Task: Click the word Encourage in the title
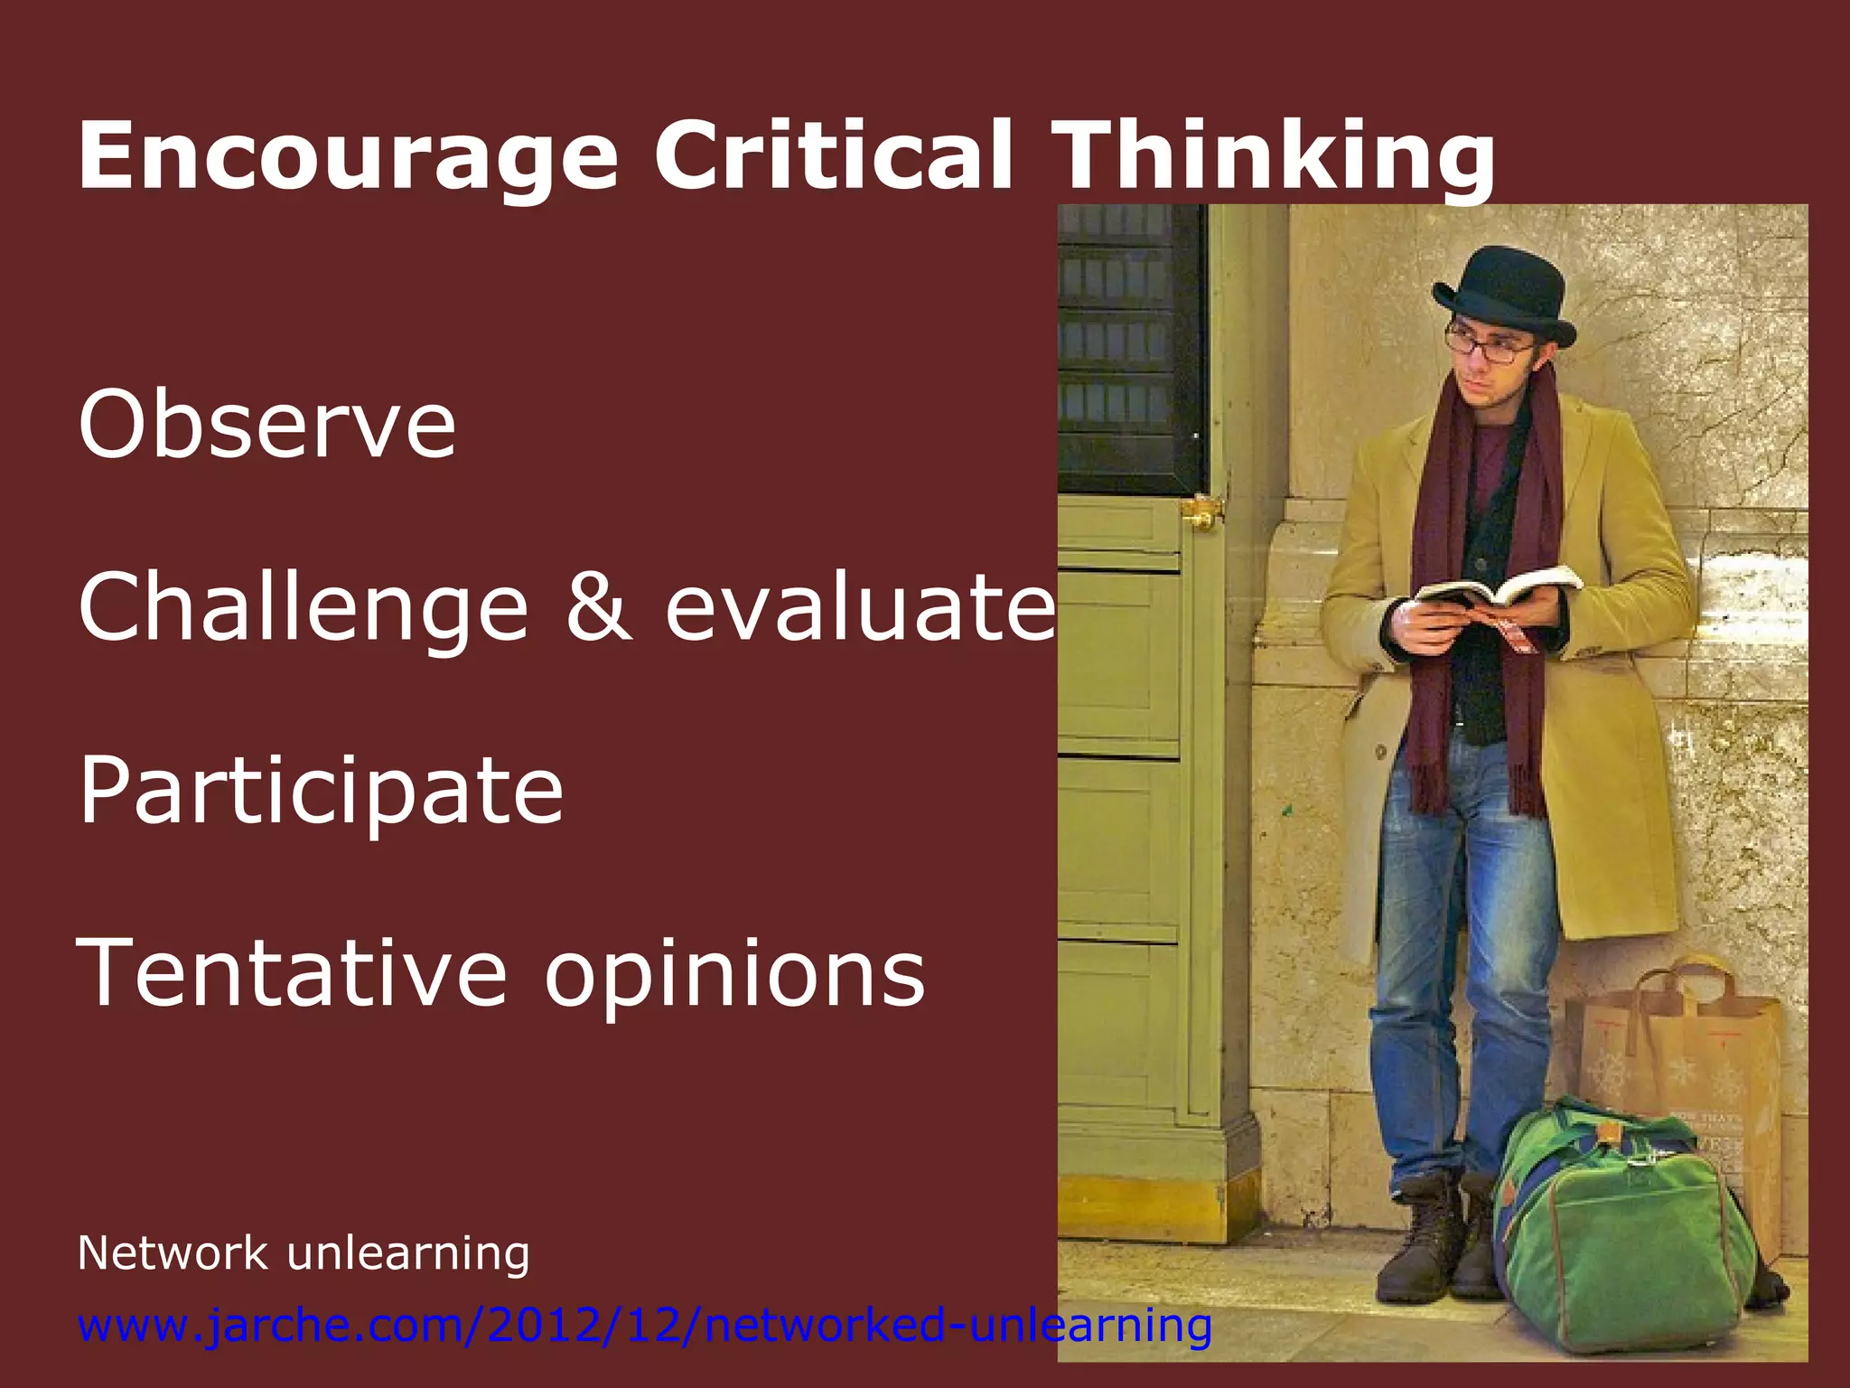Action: [348, 155]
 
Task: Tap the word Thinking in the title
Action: [1274, 155]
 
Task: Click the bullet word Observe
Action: [267, 424]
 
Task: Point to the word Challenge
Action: [304, 608]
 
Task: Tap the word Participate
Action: [322, 792]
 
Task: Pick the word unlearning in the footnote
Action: [407, 1253]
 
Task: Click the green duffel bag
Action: [1626, 1220]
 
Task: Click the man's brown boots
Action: [1432, 1238]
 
